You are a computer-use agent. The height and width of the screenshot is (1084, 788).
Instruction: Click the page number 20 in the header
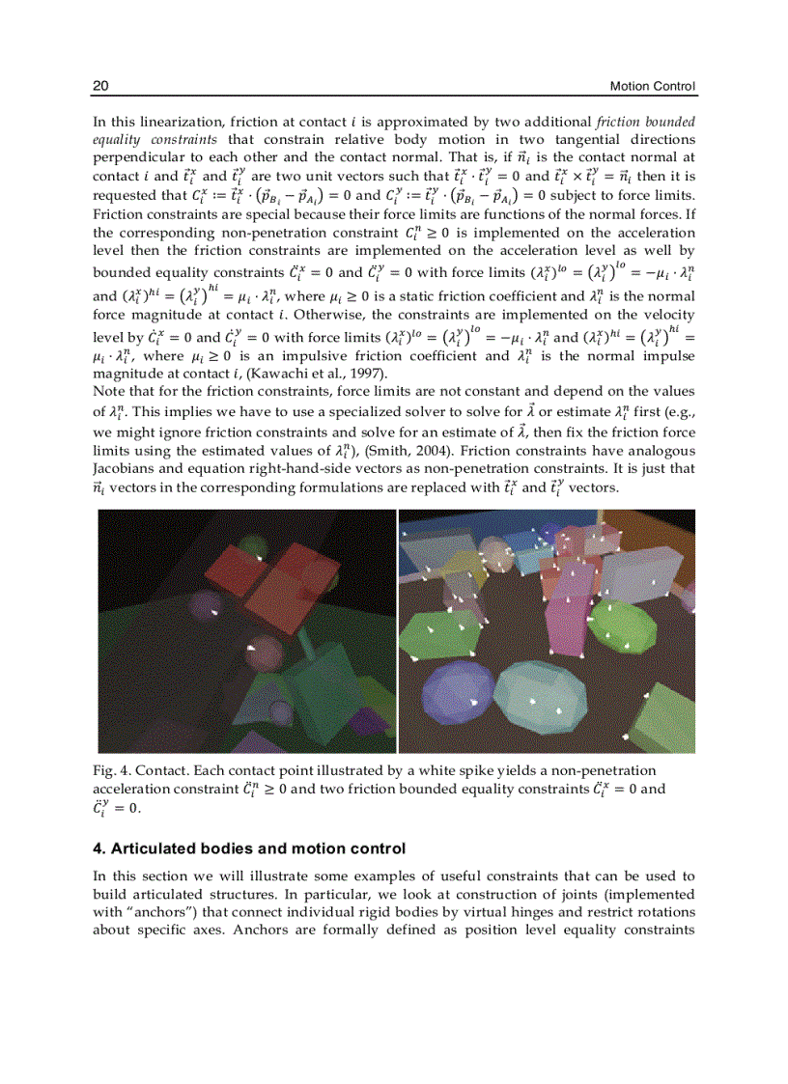(x=100, y=87)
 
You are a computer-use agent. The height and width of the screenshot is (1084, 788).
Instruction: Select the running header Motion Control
(x=653, y=87)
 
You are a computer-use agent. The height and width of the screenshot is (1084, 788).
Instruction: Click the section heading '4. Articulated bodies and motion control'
(x=249, y=849)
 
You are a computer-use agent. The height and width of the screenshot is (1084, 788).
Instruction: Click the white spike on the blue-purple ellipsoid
(x=472, y=702)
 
